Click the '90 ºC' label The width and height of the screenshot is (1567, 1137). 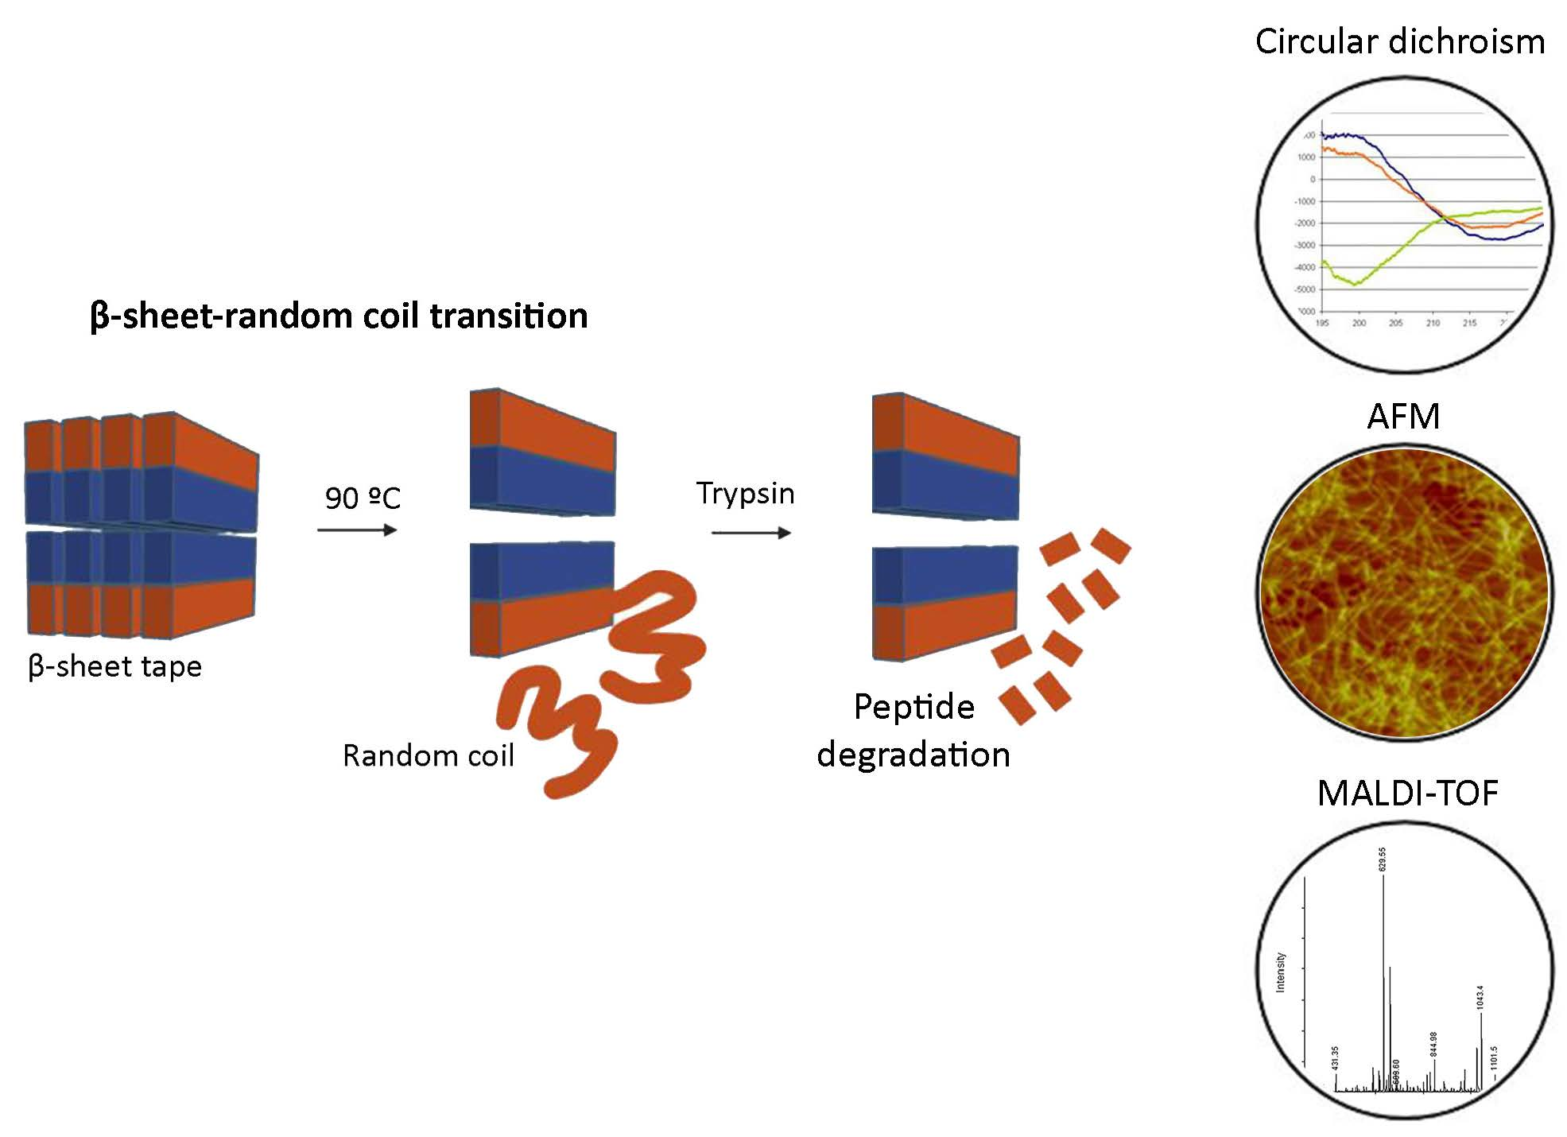point(363,499)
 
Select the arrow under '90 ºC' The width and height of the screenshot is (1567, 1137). point(357,530)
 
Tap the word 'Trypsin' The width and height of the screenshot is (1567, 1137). point(745,494)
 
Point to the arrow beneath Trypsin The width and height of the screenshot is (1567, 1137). point(751,532)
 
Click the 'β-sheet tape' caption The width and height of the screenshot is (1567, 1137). point(114,666)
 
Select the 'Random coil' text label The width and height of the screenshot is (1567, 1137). point(428,755)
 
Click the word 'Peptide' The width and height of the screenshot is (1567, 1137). point(913,707)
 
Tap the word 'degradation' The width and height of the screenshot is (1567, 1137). point(913,755)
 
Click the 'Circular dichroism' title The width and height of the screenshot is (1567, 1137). point(1399,41)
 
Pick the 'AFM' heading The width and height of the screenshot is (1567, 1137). point(1403,417)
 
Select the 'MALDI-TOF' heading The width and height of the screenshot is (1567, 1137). point(1407,794)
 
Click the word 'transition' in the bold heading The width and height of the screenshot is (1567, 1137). point(509,316)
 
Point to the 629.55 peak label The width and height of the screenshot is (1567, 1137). point(1383,860)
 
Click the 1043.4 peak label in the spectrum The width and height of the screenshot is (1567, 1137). point(1480,997)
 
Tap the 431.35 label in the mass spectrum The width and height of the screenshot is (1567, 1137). point(1335,1058)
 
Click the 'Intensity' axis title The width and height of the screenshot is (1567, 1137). point(1280,972)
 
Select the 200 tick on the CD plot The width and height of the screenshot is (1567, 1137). point(1359,323)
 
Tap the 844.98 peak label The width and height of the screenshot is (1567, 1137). point(1434,1044)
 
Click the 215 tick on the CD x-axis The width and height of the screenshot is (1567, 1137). point(1469,323)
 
